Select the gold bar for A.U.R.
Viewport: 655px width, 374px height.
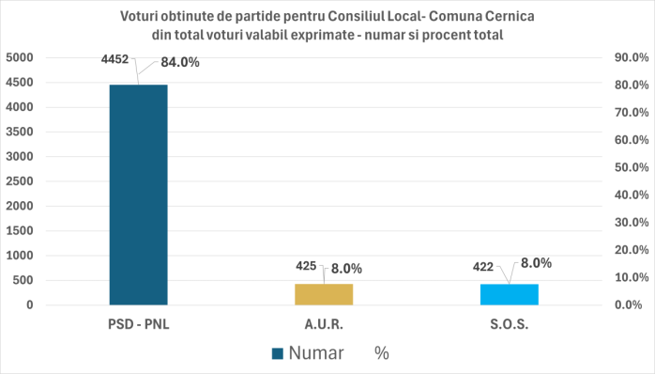[323, 294]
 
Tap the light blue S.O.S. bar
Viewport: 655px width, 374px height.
[509, 294]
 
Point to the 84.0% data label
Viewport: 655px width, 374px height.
[180, 63]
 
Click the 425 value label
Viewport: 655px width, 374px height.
[305, 266]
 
